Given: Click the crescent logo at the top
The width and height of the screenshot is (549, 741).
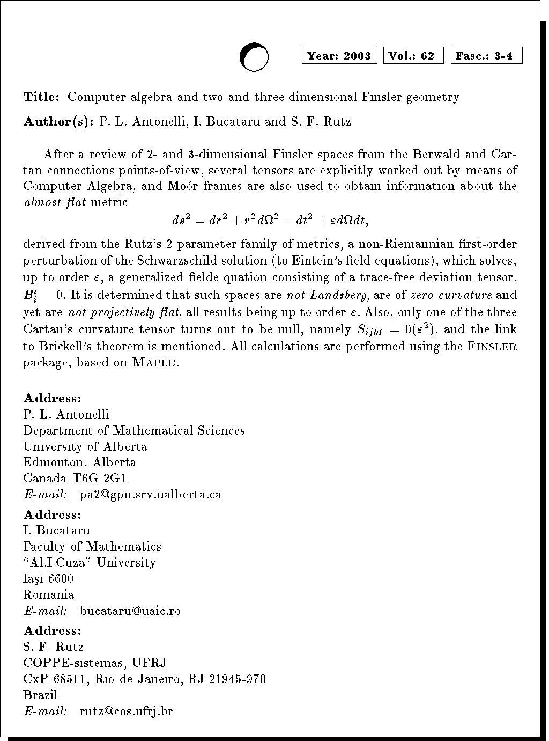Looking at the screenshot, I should pyautogui.click(x=254, y=57).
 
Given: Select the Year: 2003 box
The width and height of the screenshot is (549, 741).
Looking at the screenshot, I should pyautogui.click(x=339, y=56).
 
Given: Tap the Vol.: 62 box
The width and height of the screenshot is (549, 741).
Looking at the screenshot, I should pyautogui.click(x=413, y=56).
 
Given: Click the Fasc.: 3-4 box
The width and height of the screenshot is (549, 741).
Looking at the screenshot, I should pyautogui.click(x=487, y=56).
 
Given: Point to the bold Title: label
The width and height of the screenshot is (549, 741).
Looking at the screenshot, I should pyautogui.click(x=41, y=97).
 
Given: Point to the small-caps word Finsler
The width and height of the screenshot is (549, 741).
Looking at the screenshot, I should pyautogui.click(x=492, y=347).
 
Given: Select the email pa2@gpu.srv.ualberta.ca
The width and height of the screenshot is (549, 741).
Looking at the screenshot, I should pyautogui.click(x=150, y=494).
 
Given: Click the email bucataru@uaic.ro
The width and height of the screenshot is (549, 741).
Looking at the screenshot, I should pyautogui.click(x=130, y=611).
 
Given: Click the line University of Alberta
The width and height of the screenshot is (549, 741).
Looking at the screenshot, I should pyautogui.click(x=85, y=446).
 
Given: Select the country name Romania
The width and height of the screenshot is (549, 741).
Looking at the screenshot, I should pyautogui.click(x=49, y=595).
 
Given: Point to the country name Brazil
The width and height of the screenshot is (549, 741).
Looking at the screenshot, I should pyautogui.click(x=40, y=695).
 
